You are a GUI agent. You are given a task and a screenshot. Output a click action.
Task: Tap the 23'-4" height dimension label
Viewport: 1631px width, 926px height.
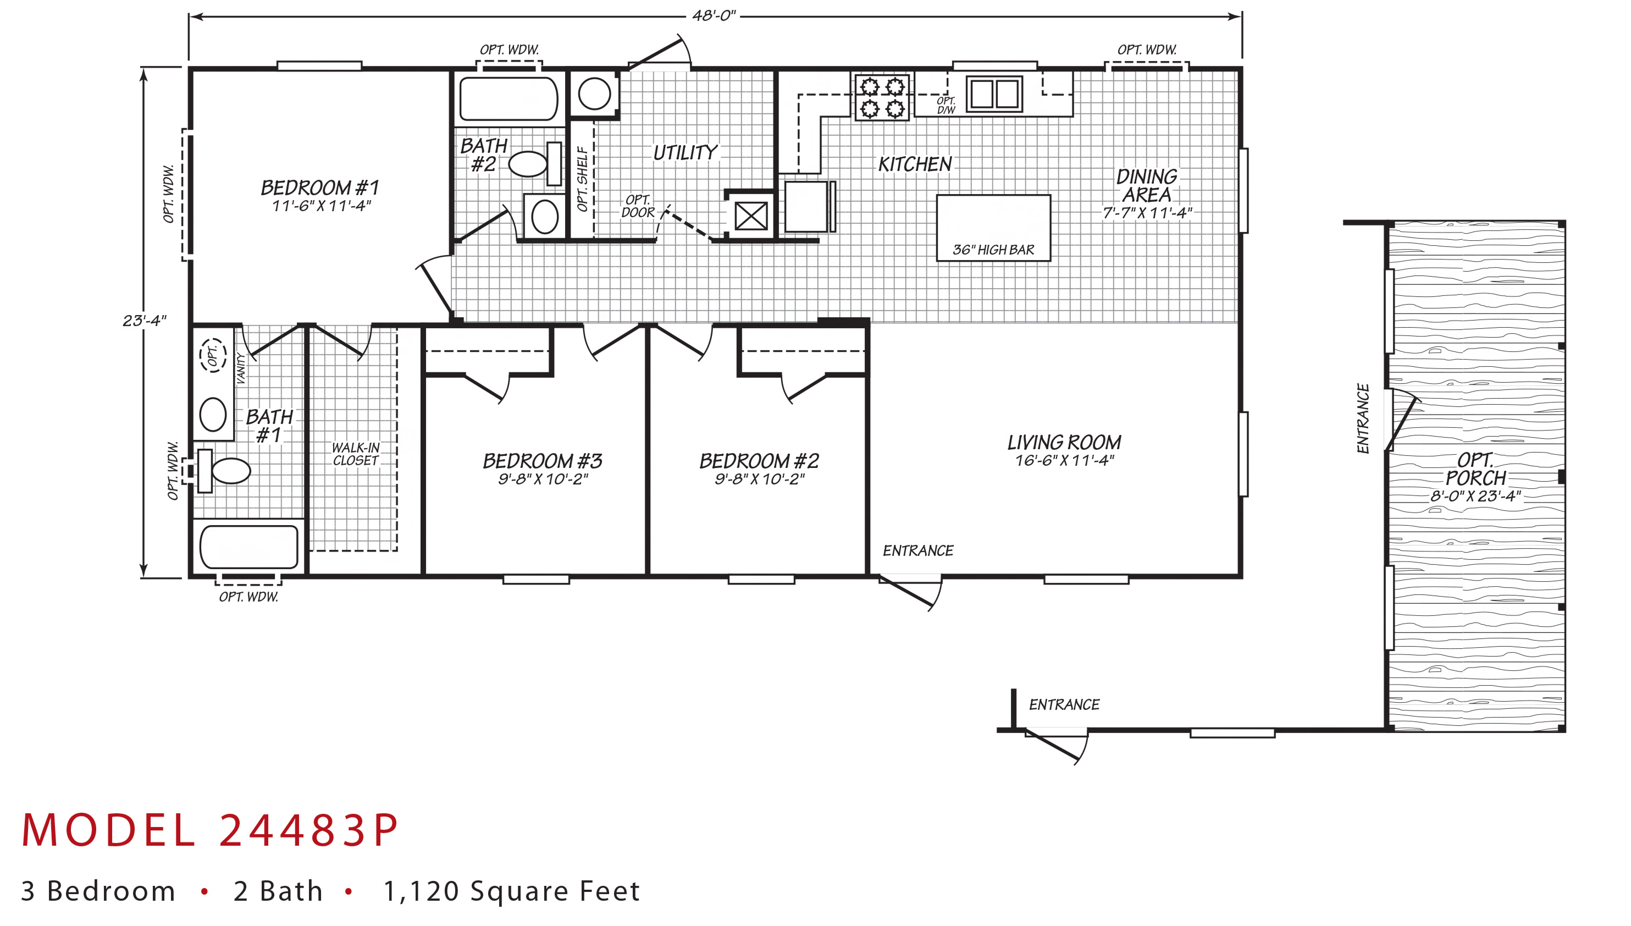point(144,320)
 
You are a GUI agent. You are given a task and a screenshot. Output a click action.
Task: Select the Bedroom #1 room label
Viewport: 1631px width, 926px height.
point(320,188)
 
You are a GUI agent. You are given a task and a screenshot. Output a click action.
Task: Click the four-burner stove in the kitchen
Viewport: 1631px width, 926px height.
point(882,97)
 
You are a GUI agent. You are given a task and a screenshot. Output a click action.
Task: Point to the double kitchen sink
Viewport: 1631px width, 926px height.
point(994,94)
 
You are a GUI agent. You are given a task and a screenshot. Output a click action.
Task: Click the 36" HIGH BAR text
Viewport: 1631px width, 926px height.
point(993,250)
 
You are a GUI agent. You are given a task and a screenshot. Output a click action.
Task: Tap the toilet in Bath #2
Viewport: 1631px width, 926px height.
point(536,163)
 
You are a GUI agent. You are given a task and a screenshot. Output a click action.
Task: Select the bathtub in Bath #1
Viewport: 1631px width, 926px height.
point(248,547)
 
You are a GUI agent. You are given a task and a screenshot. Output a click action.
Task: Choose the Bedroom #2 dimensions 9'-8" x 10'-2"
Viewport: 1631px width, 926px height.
point(759,479)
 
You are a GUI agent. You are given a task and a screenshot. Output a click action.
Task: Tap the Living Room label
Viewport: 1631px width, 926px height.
point(1064,442)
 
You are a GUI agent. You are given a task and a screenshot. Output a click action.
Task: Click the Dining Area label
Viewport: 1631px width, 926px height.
point(1147,185)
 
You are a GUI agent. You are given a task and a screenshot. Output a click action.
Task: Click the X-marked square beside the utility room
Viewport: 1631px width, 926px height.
point(751,216)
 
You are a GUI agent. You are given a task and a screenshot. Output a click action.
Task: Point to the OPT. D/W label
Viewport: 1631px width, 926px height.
point(946,105)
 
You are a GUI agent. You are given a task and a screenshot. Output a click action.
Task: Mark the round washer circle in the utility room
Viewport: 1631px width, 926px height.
point(594,94)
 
